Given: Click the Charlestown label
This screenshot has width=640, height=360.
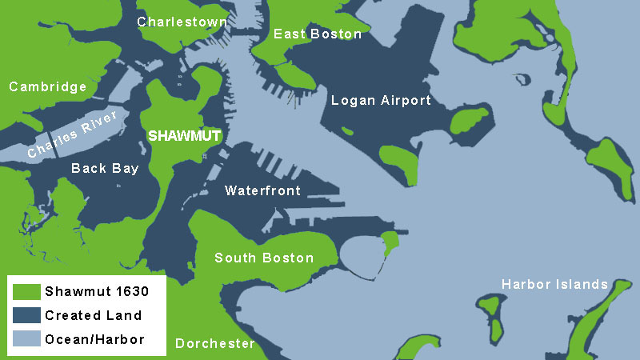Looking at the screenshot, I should (x=182, y=22).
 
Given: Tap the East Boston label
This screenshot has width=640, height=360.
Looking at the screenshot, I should (x=318, y=34).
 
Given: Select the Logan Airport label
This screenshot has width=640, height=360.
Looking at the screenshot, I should (x=381, y=101).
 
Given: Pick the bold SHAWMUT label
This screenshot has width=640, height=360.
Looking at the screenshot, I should (x=184, y=137).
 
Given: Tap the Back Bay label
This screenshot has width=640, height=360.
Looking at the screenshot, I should (x=105, y=169).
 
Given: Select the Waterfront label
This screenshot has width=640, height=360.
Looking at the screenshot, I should (x=262, y=190).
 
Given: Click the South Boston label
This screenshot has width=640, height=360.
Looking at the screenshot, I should (x=264, y=258).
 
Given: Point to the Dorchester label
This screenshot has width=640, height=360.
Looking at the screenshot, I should (x=214, y=344).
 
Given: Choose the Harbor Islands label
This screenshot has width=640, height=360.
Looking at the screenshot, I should (x=554, y=285).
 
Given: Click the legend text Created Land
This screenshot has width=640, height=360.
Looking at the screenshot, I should (x=93, y=315).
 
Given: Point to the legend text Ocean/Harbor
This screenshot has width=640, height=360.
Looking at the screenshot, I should (x=94, y=339).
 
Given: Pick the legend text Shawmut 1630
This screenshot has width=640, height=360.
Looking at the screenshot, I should (x=96, y=291).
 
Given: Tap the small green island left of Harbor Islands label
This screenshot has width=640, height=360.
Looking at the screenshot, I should (x=492, y=315).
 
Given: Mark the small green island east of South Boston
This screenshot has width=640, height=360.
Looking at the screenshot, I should (x=390, y=241).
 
